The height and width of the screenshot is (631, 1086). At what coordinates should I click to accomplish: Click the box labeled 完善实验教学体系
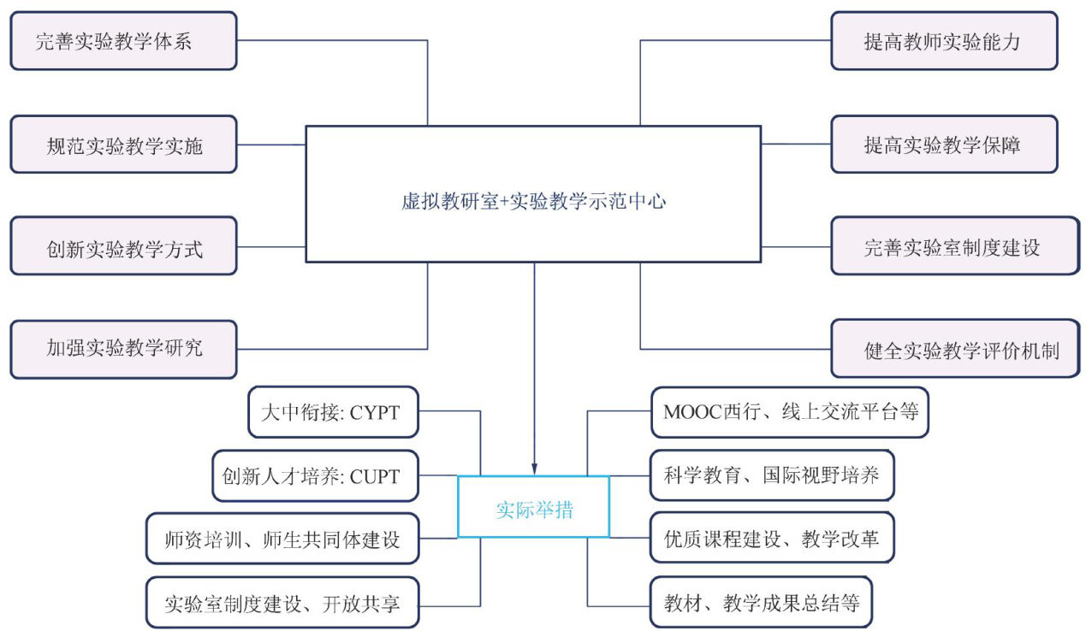123,40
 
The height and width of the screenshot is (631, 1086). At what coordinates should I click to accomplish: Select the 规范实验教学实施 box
123,144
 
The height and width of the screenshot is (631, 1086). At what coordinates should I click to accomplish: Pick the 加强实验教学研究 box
123,349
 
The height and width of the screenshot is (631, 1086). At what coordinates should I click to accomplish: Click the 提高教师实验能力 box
944,40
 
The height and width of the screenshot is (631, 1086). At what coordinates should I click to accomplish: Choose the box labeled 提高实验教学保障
944,144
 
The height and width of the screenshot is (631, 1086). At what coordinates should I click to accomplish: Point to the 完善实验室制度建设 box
954,246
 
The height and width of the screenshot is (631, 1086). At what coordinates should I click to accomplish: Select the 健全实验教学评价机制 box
954,349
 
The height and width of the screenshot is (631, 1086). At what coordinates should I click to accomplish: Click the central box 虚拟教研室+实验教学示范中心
533,194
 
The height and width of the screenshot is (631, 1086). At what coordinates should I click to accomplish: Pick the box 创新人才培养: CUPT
316,475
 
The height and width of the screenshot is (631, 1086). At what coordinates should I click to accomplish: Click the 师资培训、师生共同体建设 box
282,539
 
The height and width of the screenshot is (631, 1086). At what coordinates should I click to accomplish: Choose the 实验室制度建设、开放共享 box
282,604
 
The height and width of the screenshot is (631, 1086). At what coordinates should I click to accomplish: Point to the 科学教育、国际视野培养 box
772,475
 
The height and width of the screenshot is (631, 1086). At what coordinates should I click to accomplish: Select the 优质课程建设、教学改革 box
772,539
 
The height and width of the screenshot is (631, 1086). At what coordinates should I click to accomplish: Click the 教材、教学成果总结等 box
762,604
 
